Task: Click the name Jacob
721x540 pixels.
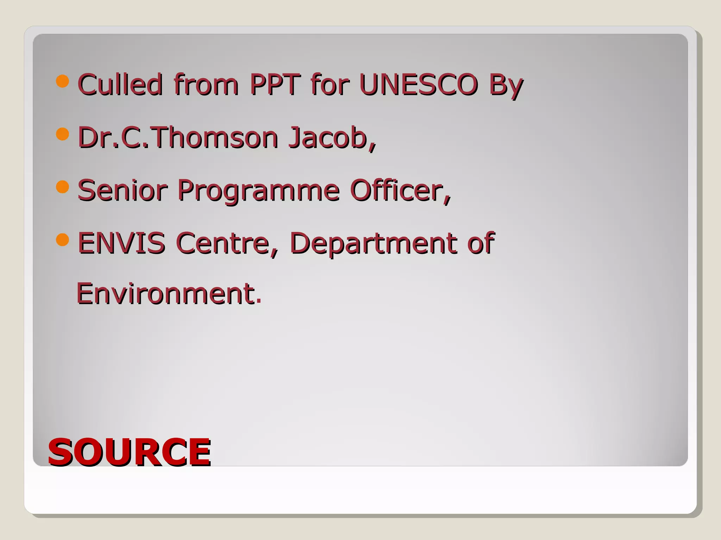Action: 332,137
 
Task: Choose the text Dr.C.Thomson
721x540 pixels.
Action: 178,137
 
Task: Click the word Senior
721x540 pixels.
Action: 122,190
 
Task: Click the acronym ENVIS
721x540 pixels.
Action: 121,243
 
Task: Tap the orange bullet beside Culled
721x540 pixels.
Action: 63,81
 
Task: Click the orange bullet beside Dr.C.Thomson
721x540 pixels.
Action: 63,134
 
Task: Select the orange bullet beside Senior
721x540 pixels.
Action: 63,187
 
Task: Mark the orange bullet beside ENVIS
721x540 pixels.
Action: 63,240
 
